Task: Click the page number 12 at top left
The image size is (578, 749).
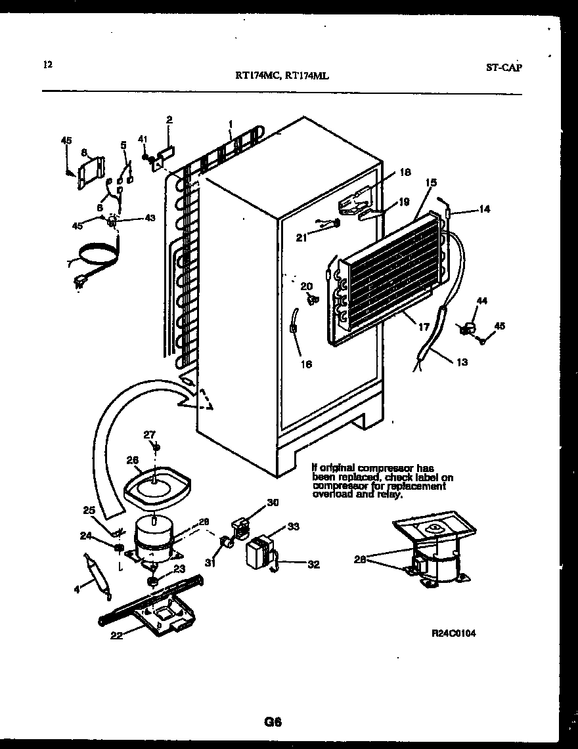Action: point(47,64)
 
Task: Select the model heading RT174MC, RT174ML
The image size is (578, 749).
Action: point(282,75)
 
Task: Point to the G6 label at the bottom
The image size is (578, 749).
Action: point(273,722)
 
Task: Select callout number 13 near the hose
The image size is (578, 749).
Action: point(462,361)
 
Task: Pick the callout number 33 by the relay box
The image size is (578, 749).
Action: point(293,526)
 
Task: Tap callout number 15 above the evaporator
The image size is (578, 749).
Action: point(430,182)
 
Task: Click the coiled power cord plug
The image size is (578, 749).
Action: point(81,283)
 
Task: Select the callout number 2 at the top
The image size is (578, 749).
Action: point(169,119)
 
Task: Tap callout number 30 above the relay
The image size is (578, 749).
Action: point(273,503)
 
